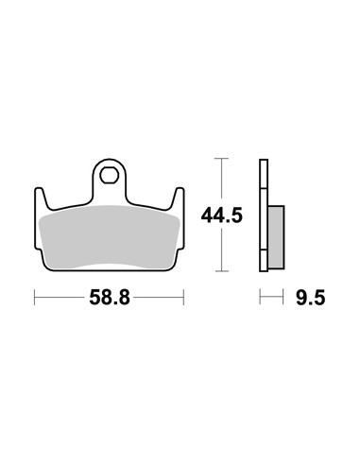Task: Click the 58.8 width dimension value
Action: coord(110,298)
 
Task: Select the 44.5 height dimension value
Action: coord(222,215)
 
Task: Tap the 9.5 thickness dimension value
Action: coord(310,298)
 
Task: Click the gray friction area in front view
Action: coord(109,237)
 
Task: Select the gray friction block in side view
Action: coord(276,237)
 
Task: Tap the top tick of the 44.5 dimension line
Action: coord(222,158)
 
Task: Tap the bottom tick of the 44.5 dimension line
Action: coord(222,270)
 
